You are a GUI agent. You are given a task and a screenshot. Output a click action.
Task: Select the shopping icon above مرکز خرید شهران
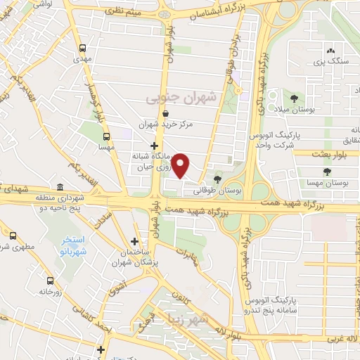click(x=165, y=114)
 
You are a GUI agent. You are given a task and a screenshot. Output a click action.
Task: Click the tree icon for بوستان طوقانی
click(x=216, y=179)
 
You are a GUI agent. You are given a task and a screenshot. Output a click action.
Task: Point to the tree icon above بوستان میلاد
click(x=294, y=98)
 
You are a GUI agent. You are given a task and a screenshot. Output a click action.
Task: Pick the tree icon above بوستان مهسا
click(x=326, y=171)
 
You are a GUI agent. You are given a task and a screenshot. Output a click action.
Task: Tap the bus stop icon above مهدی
click(x=84, y=49)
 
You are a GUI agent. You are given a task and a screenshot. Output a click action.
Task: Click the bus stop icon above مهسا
click(x=106, y=137)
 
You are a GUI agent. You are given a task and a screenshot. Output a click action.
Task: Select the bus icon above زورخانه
click(x=49, y=280)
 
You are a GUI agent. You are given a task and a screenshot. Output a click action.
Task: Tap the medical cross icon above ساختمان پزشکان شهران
click(x=135, y=241)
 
